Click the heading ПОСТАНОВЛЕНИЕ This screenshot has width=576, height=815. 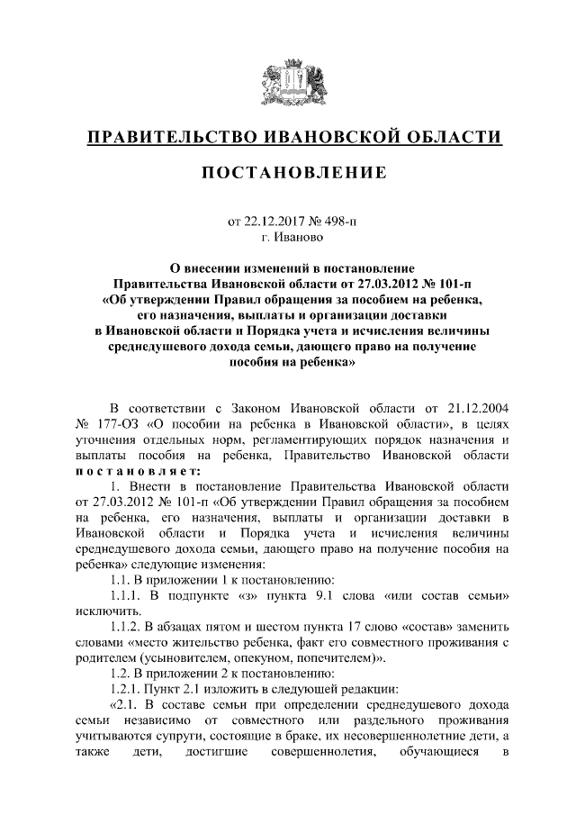(x=288, y=172)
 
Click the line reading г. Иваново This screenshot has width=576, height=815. (x=288, y=238)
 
